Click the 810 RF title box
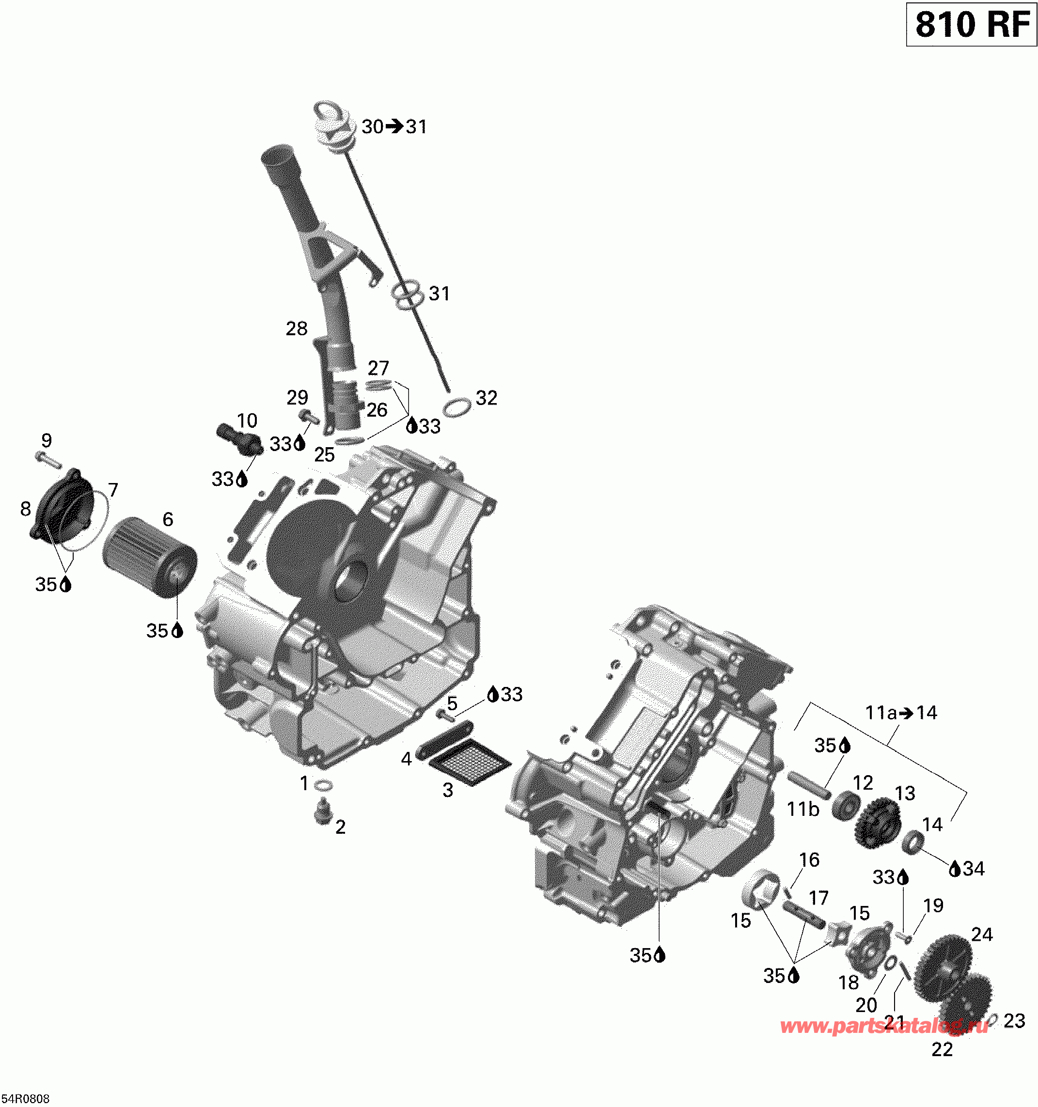tap(971, 25)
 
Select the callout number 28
tap(296, 328)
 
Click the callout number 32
tap(486, 398)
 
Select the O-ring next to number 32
tap(456, 407)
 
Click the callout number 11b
tap(802, 809)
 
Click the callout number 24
tap(982, 934)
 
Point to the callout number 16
tap(809, 860)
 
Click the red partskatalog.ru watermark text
tap(884, 1026)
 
